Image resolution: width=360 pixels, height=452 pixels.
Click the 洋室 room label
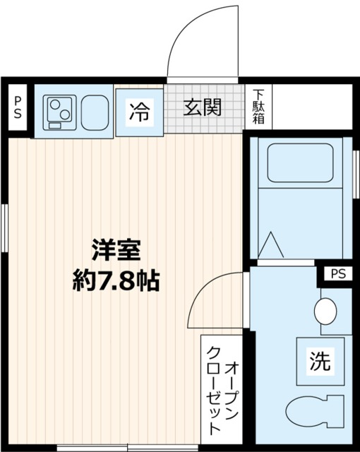tap(116, 251)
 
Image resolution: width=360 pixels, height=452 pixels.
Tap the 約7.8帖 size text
tap(116, 282)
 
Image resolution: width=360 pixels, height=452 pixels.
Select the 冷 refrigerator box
tap(140, 111)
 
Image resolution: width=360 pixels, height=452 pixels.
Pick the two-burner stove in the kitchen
tap(59, 111)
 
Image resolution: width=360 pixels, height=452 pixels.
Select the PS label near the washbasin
tap(337, 274)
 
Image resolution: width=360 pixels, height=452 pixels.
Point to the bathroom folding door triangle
tap(272, 247)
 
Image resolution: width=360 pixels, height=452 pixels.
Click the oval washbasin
tap(325, 310)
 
